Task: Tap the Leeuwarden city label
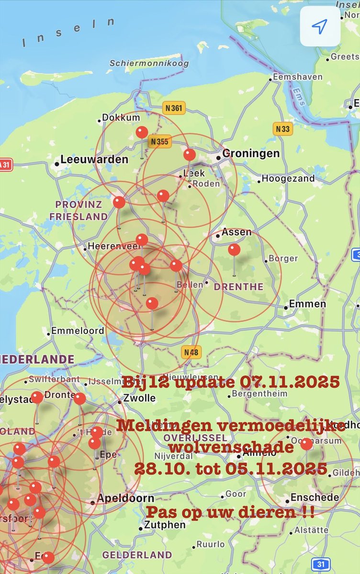94,159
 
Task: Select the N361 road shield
173,108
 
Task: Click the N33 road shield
282,129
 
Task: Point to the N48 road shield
191,353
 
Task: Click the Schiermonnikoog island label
149,63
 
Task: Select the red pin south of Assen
234,250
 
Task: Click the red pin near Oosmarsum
306,444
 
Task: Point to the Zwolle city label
139,398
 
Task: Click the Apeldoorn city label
125,498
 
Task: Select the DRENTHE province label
238,287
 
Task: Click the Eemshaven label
297,77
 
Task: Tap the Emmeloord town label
78,331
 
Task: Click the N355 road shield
159,142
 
